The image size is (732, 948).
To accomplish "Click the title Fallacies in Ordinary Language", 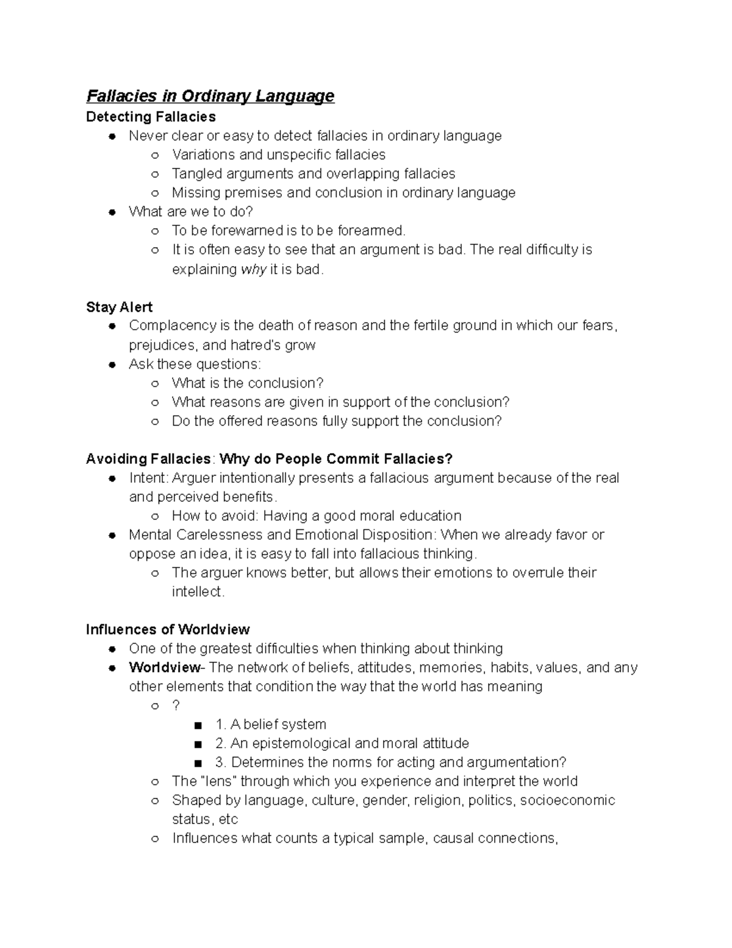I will (210, 96).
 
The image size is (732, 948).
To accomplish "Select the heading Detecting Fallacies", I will (151, 117).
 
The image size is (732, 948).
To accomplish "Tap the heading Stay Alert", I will (119, 307).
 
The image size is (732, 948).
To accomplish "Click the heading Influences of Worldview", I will (168, 629).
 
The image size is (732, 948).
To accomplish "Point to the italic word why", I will (253, 269).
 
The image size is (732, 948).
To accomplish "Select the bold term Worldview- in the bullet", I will (164, 667).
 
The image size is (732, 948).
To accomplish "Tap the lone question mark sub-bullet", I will (176, 705).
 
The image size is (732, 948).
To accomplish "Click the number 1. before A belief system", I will (221, 725).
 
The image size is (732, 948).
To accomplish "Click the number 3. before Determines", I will (221, 762).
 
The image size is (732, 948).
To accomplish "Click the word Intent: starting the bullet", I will (148, 478).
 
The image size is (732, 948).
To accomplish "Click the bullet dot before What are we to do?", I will (112, 212).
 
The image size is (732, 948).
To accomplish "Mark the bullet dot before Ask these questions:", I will (112, 365).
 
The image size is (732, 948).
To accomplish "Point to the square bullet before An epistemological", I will (197, 744).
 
